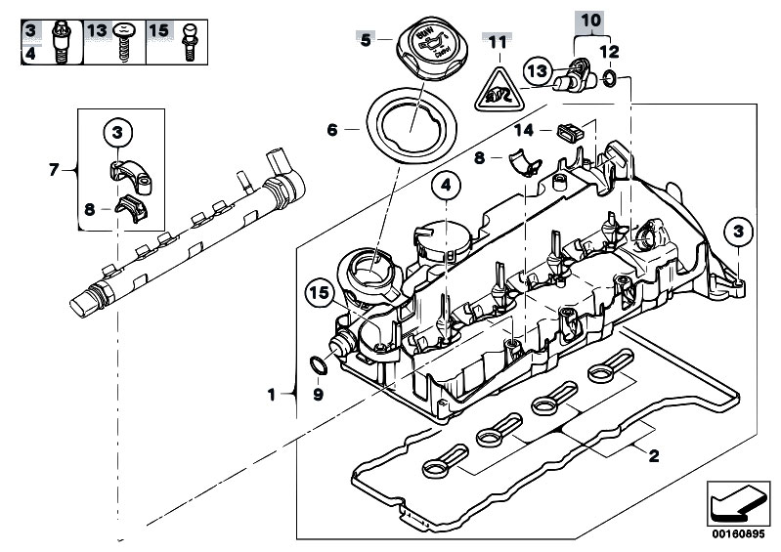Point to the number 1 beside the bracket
tap(272, 395)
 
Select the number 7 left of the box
tap(55, 170)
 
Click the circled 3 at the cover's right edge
tap(738, 233)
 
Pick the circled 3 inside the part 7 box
tap(116, 131)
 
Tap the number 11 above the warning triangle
tap(499, 42)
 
